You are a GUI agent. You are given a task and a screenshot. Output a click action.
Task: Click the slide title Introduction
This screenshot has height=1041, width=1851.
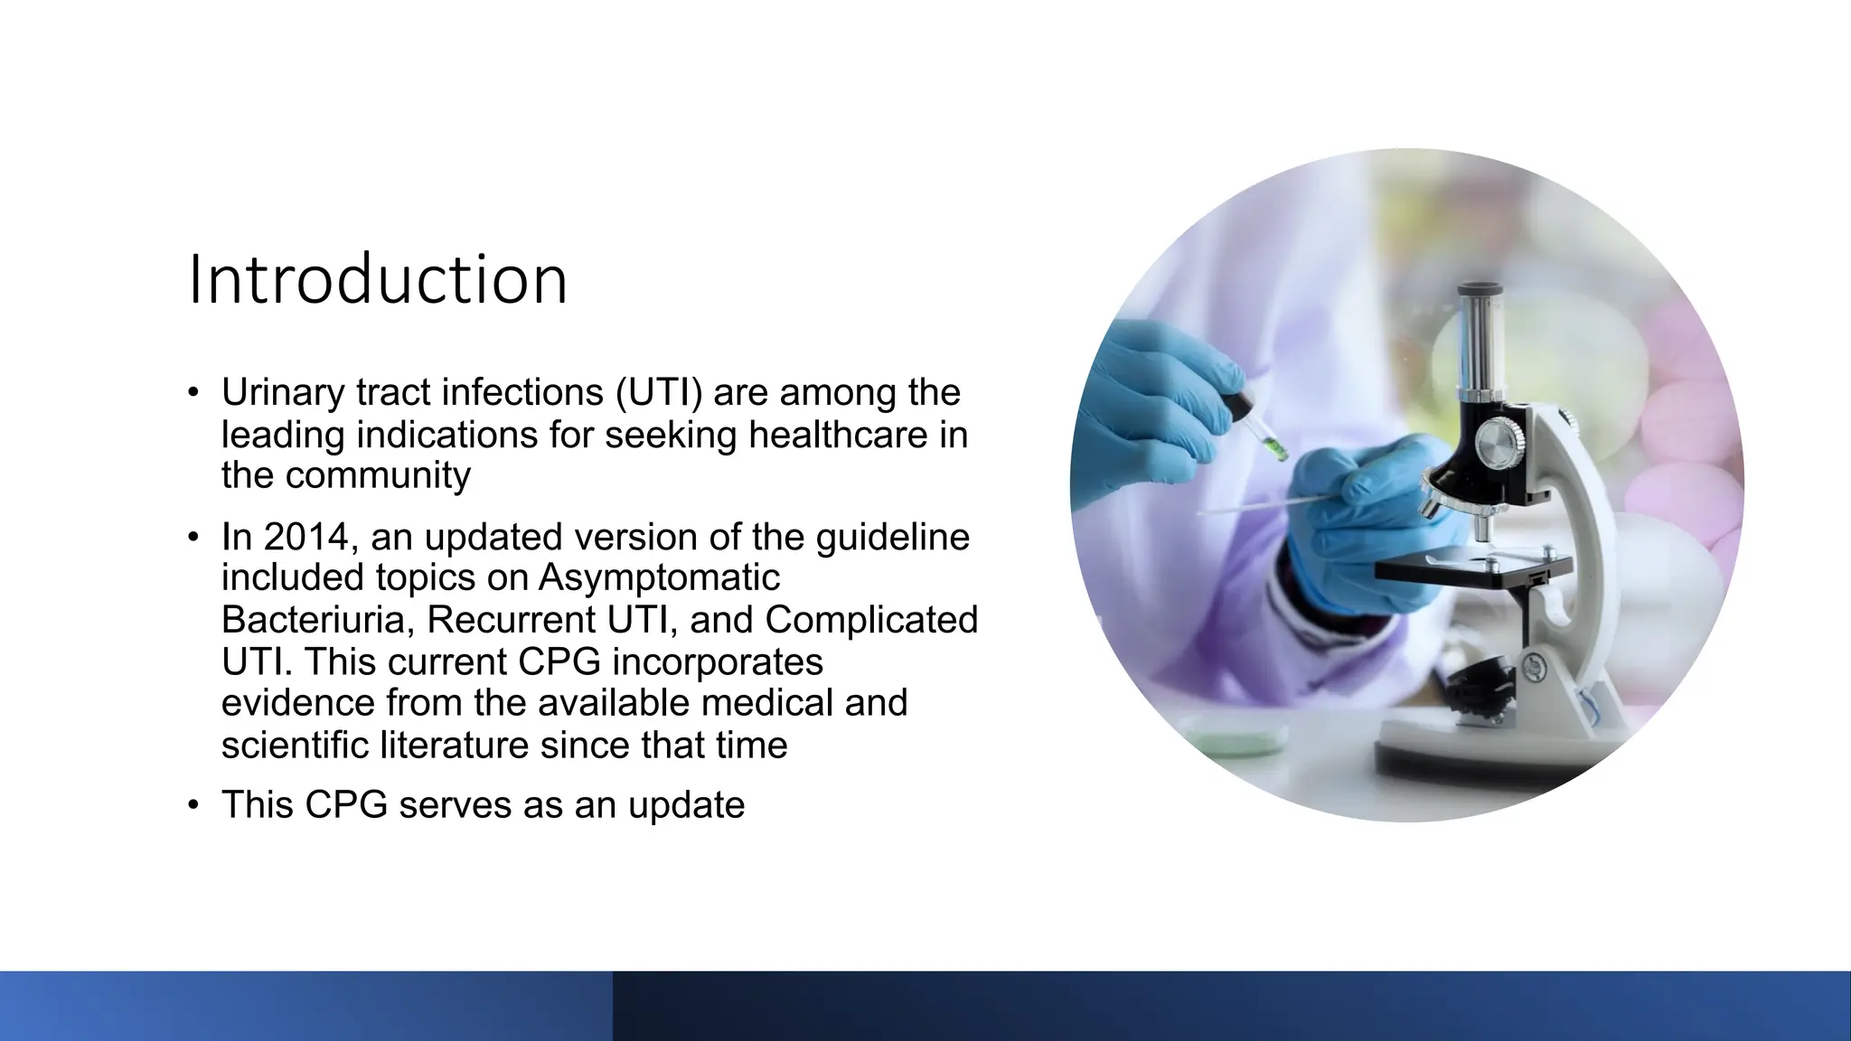[x=378, y=279]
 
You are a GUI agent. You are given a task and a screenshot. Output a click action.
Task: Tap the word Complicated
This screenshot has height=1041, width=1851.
[x=870, y=620]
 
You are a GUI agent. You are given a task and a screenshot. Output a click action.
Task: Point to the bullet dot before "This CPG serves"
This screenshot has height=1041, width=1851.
[x=193, y=805]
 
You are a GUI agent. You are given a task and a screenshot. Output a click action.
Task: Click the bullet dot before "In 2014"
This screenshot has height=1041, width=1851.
[x=193, y=537]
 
